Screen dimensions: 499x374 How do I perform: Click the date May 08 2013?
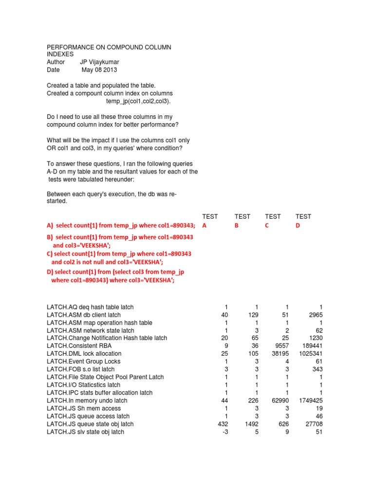tap(99, 70)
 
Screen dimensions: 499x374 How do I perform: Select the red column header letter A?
tap(205, 225)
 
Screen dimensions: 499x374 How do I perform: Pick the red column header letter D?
tap(298, 225)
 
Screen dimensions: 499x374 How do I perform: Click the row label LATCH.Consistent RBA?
tap(77, 346)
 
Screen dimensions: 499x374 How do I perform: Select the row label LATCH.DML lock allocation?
tap(84, 354)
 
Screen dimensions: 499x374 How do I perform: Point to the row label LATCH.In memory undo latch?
tap(87, 401)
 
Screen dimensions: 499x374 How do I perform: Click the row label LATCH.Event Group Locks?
tap(84, 362)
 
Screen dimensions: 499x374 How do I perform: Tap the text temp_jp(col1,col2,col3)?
tap(139, 101)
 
